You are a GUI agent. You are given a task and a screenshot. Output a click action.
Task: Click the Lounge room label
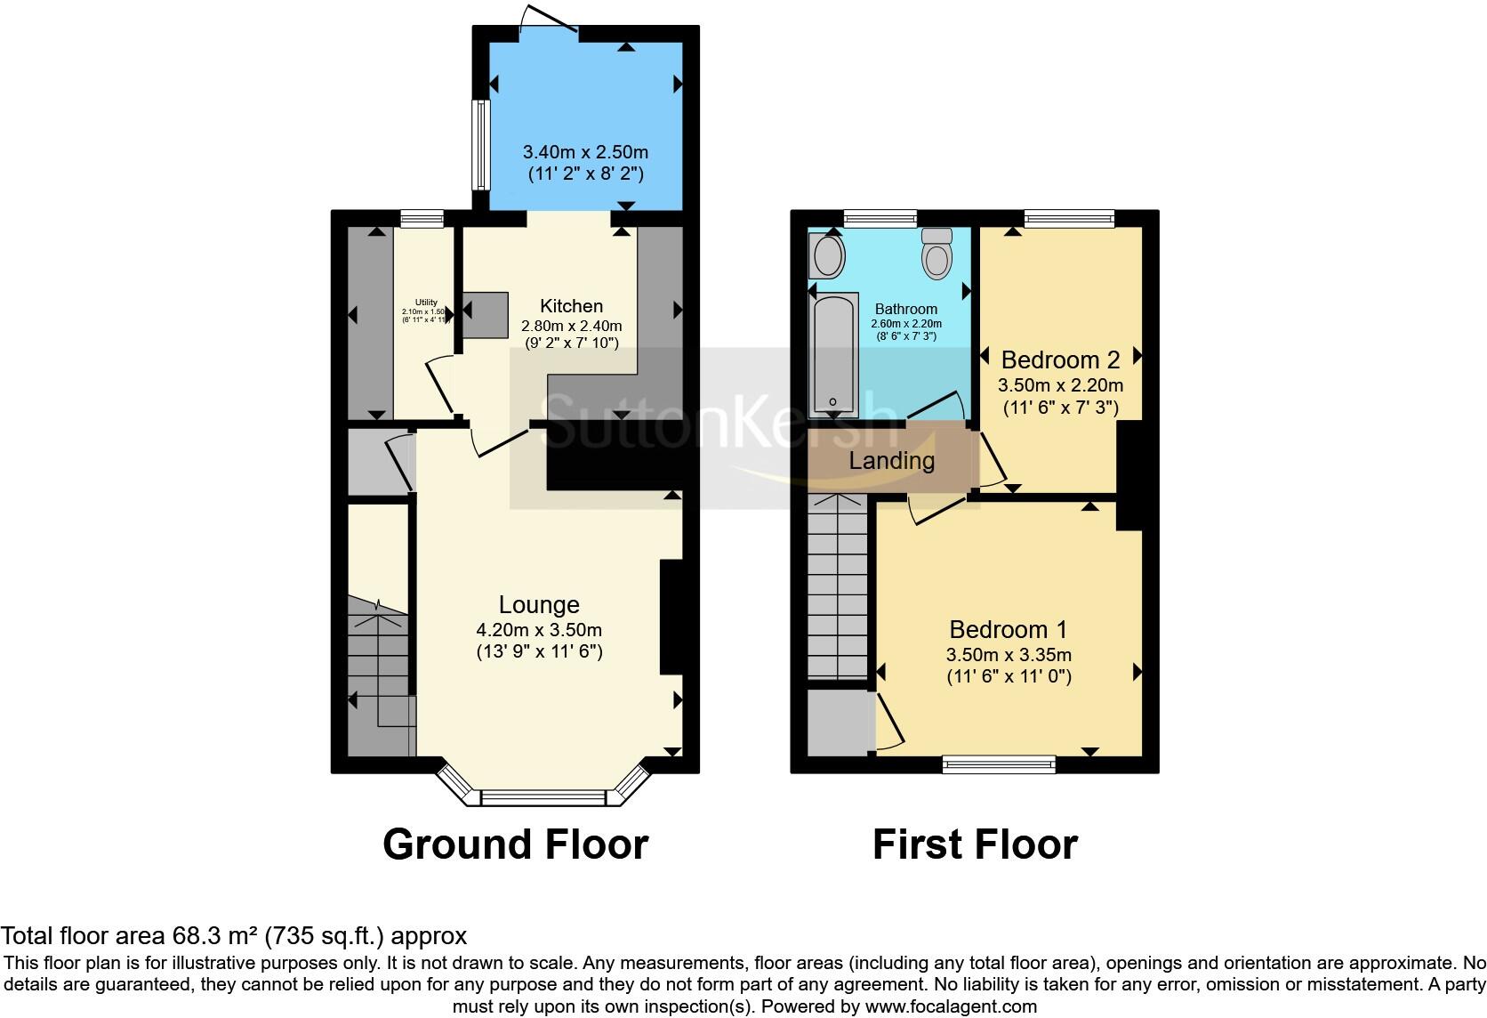(539, 605)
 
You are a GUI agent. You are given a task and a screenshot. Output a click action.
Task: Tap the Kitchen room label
(572, 306)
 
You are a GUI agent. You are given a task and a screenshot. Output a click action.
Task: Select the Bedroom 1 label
(1008, 630)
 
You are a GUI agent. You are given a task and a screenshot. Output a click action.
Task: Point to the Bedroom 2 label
(1060, 360)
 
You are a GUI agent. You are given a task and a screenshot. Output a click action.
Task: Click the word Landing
(891, 461)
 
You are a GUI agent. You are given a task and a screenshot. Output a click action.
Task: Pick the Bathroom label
(905, 309)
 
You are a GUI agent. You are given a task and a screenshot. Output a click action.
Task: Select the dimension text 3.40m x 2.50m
(584, 152)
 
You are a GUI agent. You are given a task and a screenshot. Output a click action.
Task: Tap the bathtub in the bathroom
(832, 356)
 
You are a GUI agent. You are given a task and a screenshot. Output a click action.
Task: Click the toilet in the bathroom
(936, 253)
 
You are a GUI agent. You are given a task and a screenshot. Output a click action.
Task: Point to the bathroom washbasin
(828, 255)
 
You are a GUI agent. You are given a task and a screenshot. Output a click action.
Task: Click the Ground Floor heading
(515, 844)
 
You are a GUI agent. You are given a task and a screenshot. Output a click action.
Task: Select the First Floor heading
(975, 844)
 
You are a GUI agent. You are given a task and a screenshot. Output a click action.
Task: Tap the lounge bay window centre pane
(543, 797)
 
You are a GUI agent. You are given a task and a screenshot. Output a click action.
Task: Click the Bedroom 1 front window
(999, 763)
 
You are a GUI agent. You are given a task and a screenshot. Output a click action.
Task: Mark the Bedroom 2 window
(1069, 217)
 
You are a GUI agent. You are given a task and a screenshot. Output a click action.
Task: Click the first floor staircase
(837, 587)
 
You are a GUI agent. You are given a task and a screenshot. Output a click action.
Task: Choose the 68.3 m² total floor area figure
(208, 935)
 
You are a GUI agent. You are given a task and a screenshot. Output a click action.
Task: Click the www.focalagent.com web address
(951, 1006)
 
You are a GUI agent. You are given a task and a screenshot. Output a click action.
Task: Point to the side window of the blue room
(480, 144)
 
